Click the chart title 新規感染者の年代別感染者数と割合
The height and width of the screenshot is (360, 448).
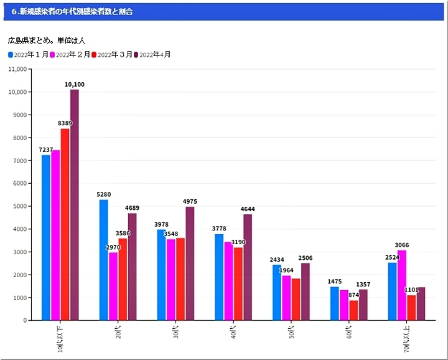(x=72, y=11)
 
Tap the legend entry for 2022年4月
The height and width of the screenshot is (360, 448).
(x=152, y=55)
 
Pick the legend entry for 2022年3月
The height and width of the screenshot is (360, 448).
(x=111, y=55)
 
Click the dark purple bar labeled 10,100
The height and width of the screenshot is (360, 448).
(x=75, y=206)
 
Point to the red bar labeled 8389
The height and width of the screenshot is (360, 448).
(x=65, y=224)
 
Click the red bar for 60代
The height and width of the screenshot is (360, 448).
(x=353, y=310)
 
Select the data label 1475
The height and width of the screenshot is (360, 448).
(x=335, y=282)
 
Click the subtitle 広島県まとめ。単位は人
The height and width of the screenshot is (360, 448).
(x=47, y=40)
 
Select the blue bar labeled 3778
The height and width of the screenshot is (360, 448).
(x=219, y=277)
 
